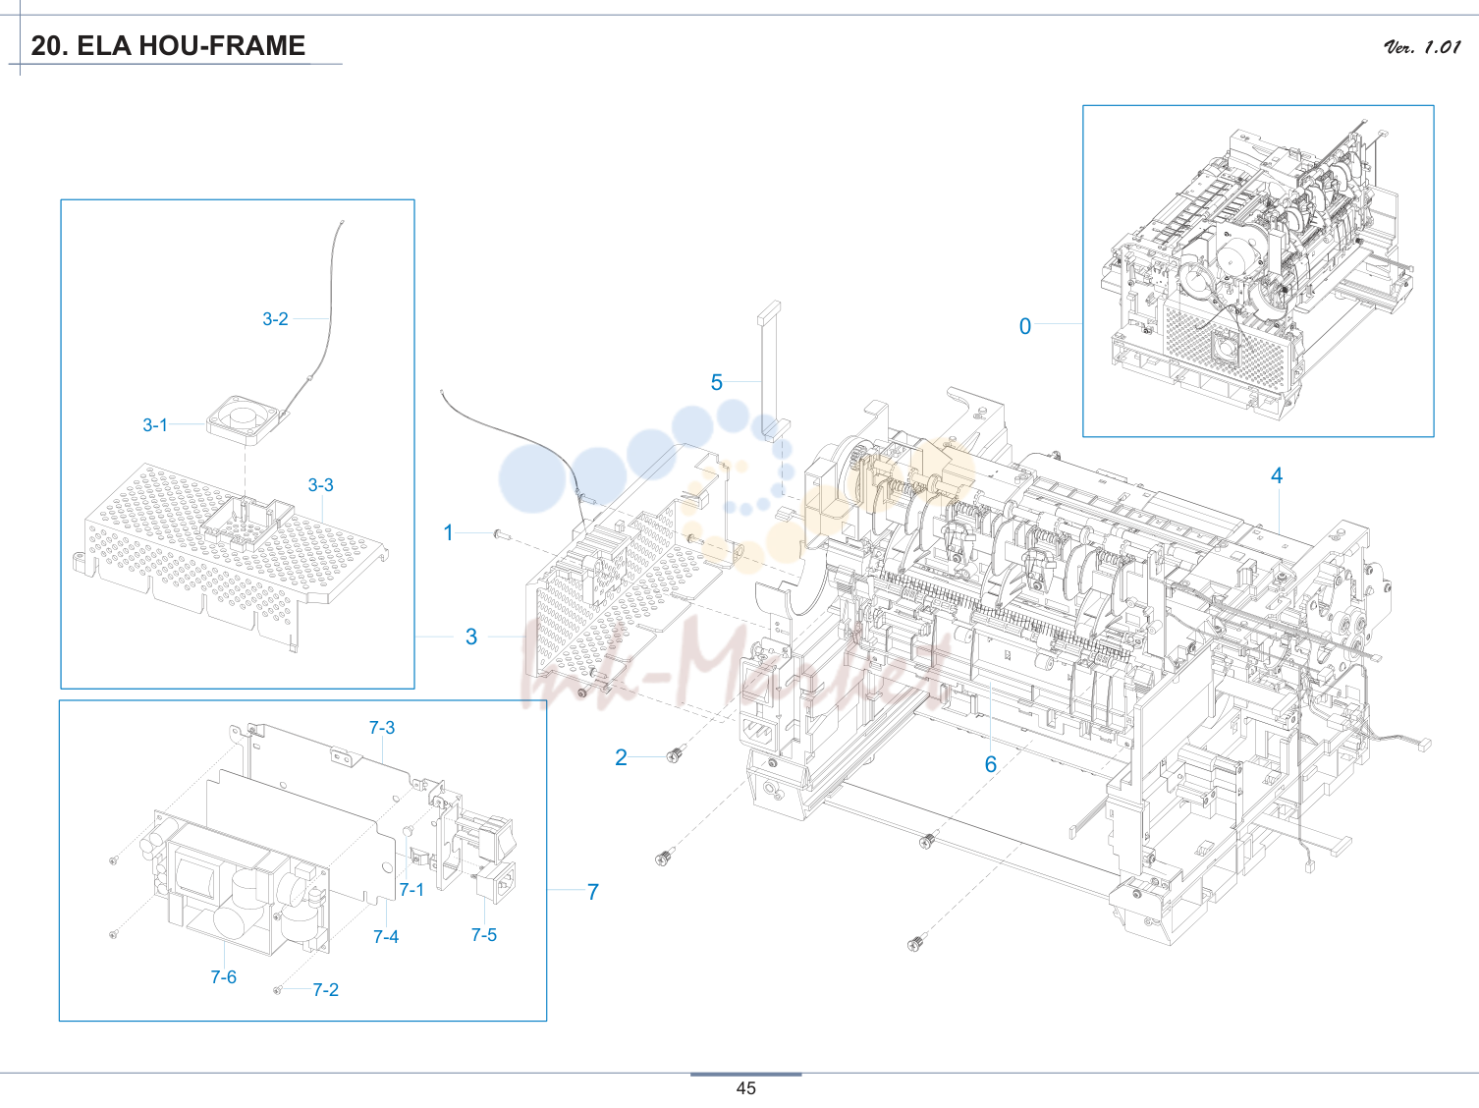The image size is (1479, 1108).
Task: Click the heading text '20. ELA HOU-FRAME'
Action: pyautogui.click(x=168, y=46)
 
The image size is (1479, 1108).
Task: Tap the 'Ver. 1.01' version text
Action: pyautogui.click(x=1422, y=47)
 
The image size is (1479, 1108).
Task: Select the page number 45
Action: pyautogui.click(x=746, y=1088)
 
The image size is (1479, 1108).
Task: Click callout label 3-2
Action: pyautogui.click(x=275, y=319)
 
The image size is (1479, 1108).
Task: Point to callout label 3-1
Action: pyautogui.click(x=155, y=425)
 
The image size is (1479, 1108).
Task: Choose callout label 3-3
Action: pyautogui.click(x=321, y=484)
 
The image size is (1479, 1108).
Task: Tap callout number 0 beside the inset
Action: pyautogui.click(x=1025, y=326)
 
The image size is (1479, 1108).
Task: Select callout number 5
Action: pyautogui.click(x=716, y=383)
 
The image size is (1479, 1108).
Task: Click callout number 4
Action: pyautogui.click(x=1276, y=475)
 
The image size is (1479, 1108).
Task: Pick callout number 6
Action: pyautogui.click(x=991, y=764)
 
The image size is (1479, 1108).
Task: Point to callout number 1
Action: pyautogui.click(x=448, y=533)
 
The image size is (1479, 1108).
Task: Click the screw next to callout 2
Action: pyautogui.click(x=675, y=754)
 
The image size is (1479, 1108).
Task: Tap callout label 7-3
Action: pyautogui.click(x=381, y=728)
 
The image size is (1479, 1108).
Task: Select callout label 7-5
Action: pyautogui.click(x=484, y=935)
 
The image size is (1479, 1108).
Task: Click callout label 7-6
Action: pyautogui.click(x=223, y=977)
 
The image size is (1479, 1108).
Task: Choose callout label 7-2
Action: pyautogui.click(x=325, y=990)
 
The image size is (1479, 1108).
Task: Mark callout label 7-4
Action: pyautogui.click(x=386, y=937)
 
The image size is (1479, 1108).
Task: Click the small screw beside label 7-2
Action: pyautogui.click(x=277, y=989)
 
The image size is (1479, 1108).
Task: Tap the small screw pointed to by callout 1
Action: pyautogui.click(x=502, y=534)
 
